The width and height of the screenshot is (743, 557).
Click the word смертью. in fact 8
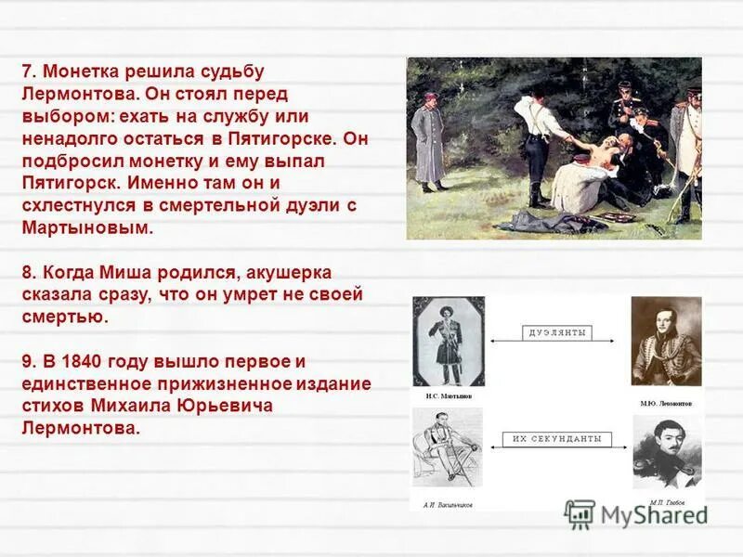64,317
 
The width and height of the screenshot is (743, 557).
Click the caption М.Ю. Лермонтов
667,403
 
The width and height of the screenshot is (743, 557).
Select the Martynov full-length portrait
450,342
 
